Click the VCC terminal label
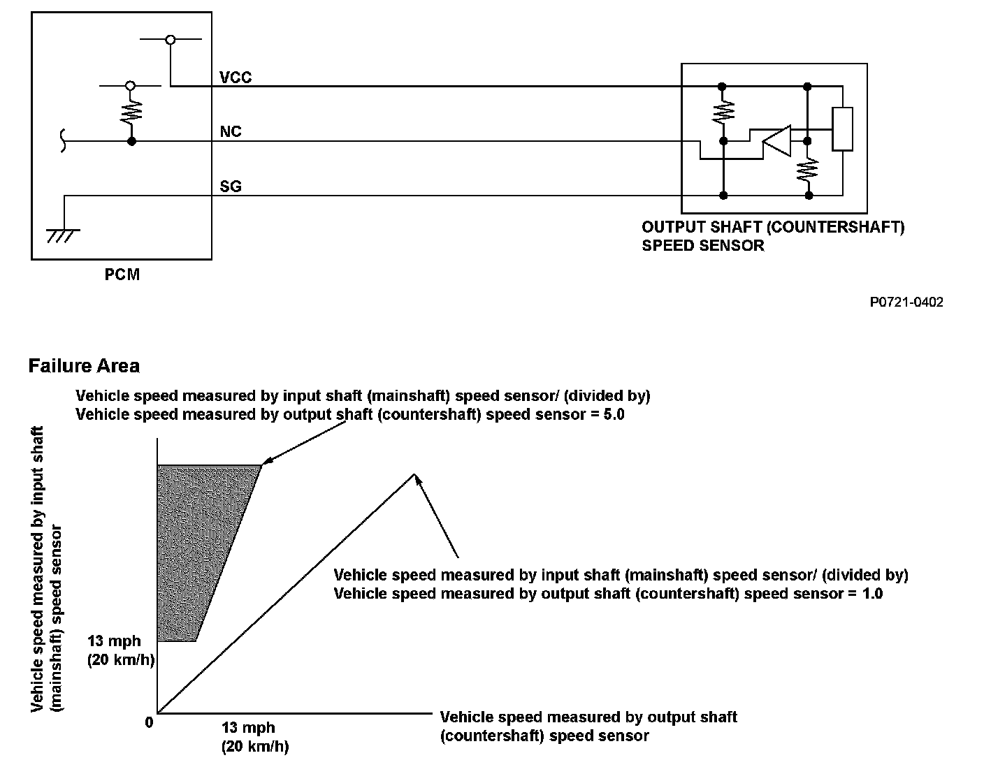point(236,78)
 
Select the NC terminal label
point(231,132)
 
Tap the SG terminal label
point(231,187)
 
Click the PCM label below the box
point(122,275)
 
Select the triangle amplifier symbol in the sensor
point(776,141)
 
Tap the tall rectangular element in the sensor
point(843,129)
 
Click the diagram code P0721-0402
point(906,302)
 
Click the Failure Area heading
point(84,366)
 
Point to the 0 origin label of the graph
point(149,723)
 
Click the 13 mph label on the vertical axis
point(114,641)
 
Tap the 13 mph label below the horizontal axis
point(248,727)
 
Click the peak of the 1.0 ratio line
point(415,475)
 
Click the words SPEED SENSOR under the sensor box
point(702,246)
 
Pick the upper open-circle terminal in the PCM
point(171,40)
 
